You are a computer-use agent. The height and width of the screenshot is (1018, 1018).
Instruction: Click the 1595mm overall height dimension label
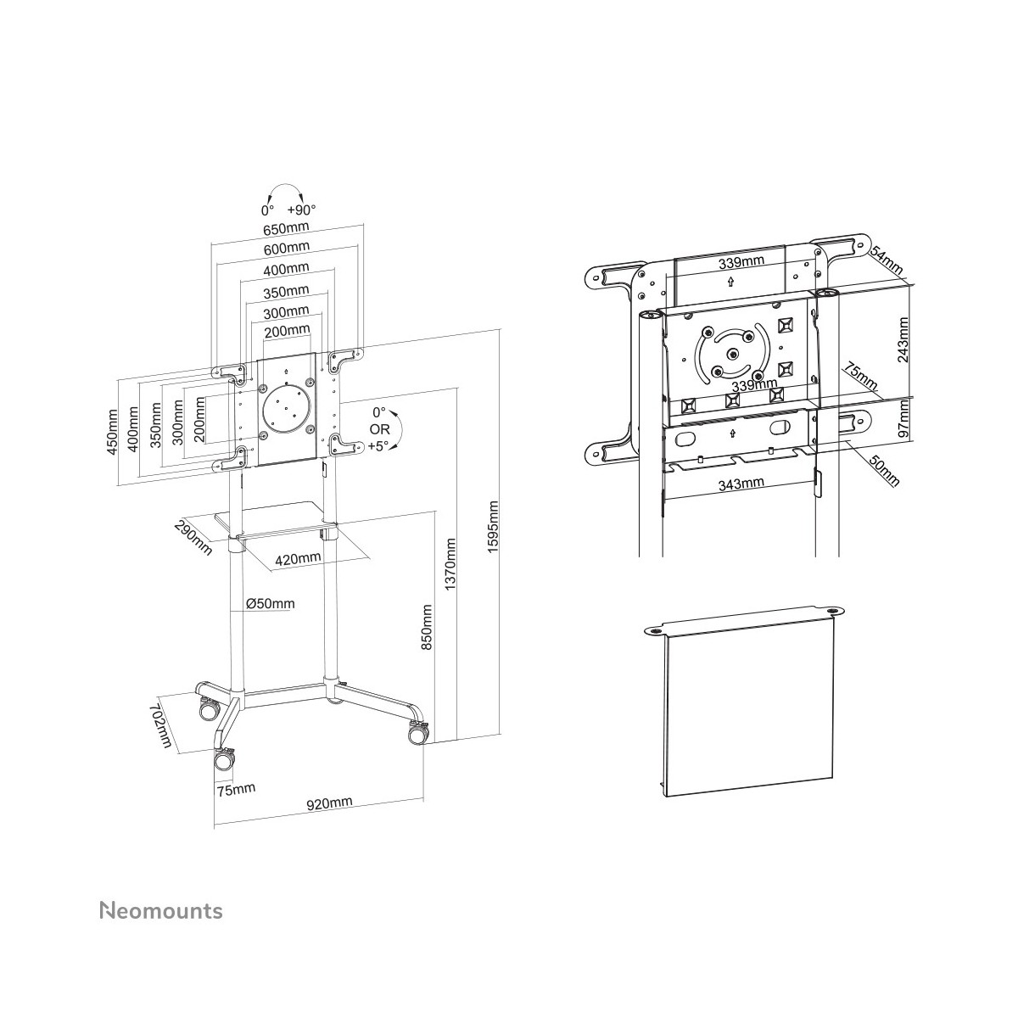pos(492,527)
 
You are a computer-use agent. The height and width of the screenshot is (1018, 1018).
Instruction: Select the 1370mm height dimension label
pos(450,564)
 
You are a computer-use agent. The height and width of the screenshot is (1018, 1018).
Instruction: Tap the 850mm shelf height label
pos(428,627)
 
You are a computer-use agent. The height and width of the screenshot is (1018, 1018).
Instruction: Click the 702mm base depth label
pos(160,724)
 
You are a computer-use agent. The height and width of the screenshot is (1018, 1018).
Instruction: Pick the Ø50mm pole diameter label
pos(271,603)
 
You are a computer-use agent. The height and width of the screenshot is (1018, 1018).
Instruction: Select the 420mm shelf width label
pos(298,558)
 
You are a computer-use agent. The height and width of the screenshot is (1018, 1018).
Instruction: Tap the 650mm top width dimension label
pos(286,228)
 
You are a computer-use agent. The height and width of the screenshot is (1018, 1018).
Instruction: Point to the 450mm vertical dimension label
pos(111,433)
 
